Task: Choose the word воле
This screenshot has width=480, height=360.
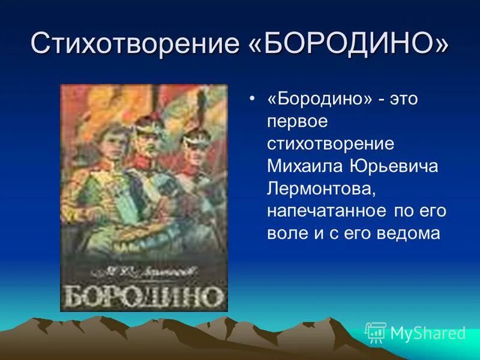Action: (286, 233)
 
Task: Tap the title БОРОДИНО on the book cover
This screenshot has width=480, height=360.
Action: (145, 296)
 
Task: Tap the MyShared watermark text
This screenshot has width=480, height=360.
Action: (428, 333)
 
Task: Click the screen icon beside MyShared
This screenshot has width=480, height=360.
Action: (376, 332)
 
